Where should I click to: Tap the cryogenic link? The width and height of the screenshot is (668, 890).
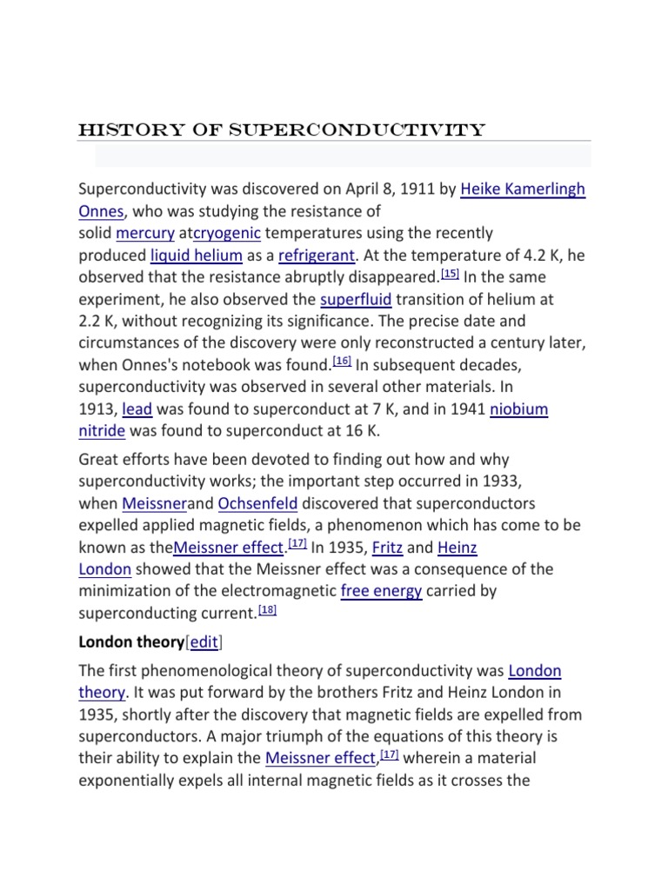(227, 233)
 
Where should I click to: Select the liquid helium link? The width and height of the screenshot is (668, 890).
(196, 256)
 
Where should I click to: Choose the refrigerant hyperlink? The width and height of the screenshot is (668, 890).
(317, 256)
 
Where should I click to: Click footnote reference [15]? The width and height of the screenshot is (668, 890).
(450, 274)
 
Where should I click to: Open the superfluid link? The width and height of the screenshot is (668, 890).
(356, 300)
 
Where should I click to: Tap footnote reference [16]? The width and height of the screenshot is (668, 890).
(341, 362)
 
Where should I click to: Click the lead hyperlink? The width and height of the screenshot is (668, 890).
(137, 408)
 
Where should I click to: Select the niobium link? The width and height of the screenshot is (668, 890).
(518, 408)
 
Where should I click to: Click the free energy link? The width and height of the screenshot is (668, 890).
(382, 591)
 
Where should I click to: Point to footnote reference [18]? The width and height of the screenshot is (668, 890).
(269, 610)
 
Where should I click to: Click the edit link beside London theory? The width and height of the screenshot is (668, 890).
(204, 641)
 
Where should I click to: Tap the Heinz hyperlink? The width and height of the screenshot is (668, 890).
(457, 548)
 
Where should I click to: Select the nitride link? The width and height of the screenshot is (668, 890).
(102, 430)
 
